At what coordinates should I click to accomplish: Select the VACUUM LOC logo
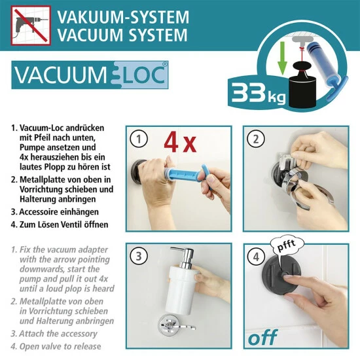pos(90,75)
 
